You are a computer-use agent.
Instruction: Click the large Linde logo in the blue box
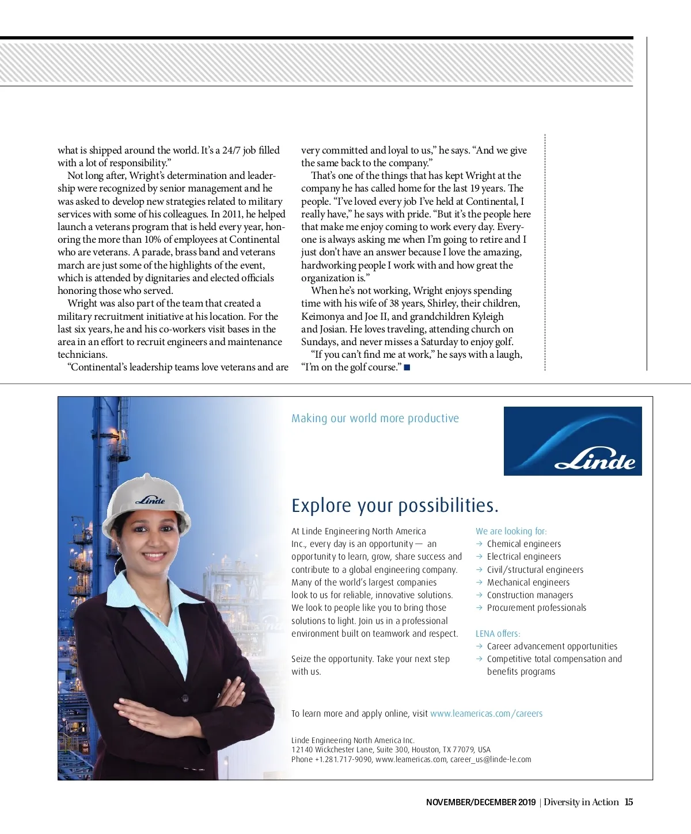coord(595,460)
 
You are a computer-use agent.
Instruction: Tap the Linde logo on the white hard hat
coord(150,500)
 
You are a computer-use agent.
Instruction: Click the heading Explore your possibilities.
coord(394,506)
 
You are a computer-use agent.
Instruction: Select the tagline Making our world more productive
coord(375,418)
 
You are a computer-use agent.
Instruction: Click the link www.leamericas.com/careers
coord(486,713)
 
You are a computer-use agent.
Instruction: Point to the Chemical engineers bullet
coord(523,544)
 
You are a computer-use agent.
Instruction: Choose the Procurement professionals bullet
coord(536,607)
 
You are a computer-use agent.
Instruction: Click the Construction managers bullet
coord(530,595)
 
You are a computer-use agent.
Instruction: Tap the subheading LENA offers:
coord(498,633)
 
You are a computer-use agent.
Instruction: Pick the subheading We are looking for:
coord(511,531)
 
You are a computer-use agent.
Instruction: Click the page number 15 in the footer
coord(629,802)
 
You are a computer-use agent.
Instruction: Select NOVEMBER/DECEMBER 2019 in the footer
coord(480,802)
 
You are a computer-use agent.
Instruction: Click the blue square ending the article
coord(407,367)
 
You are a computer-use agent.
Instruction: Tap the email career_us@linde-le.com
coord(491,759)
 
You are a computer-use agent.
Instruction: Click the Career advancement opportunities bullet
coord(552,646)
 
